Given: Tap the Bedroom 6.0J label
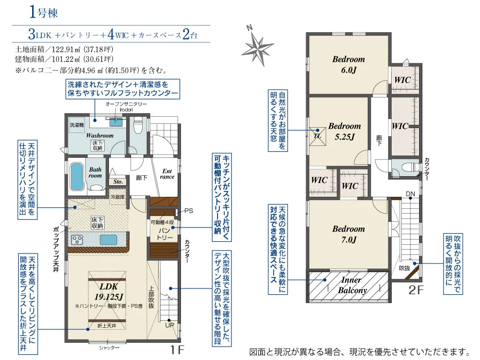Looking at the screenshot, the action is (x=348, y=65).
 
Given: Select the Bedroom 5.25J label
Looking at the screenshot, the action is (x=344, y=132).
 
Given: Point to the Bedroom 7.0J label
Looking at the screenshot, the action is (x=348, y=234).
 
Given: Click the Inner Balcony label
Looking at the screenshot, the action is (x=352, y=285).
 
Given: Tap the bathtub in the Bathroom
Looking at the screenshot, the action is (x=77, y=177).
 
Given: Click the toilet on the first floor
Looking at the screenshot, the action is (x=138, y=126).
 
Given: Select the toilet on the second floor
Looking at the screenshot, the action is (x=410, y=168).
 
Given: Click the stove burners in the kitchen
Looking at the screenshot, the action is (x=77, y=240).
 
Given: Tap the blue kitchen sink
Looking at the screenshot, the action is (x=108, y=240).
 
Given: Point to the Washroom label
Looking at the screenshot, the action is (x=100, y=136).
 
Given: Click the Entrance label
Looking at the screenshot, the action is (x=167, y=174).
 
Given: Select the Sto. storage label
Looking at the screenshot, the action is (x=118, y=182).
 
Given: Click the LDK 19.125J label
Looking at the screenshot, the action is (x=108, y=291).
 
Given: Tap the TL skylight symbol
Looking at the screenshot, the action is (x=317, y=136).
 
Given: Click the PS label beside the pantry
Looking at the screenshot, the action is (x=189, y=211).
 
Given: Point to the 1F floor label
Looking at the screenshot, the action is (x=177, y=350).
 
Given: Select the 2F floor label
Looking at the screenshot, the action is (x=416, y=290).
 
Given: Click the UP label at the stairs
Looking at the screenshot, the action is (x=169, y=325).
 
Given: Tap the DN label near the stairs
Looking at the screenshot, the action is (x=410, y=194).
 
